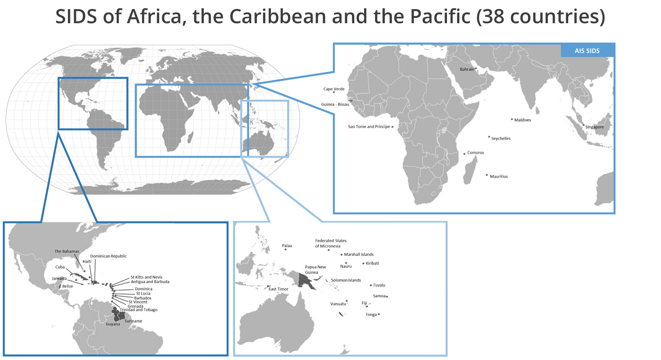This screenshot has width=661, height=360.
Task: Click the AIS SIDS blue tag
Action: tap(587, 51)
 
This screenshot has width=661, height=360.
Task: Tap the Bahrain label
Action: tap(467, 69)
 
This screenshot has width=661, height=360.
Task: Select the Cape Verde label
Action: tap(334, 89)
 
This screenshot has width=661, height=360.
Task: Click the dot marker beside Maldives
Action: tap(512, 119)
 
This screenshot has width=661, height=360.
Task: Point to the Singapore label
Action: tap(594, 127)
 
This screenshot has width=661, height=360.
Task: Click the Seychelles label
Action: tap(501, 139)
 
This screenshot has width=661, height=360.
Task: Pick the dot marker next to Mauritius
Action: tap(487, 175)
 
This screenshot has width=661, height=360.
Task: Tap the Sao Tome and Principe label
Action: tap(369, 127)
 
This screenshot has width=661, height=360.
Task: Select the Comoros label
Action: tap(475, 153)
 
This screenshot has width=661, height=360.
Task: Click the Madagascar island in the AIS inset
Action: tap(470, 171)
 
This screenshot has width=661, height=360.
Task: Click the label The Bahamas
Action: tap(67, 251)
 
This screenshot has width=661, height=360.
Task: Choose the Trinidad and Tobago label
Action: tap(138, 310)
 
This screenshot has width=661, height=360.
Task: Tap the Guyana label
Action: tap(113, 324)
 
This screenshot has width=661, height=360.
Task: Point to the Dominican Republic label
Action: tap(108, 256)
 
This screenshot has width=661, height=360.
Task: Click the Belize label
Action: tap(67, 286)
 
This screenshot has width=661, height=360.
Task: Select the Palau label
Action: tap(287, 246)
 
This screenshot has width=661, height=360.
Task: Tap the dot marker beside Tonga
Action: tap(379, 314)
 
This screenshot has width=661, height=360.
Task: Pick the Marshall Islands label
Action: tap(358, 254)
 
